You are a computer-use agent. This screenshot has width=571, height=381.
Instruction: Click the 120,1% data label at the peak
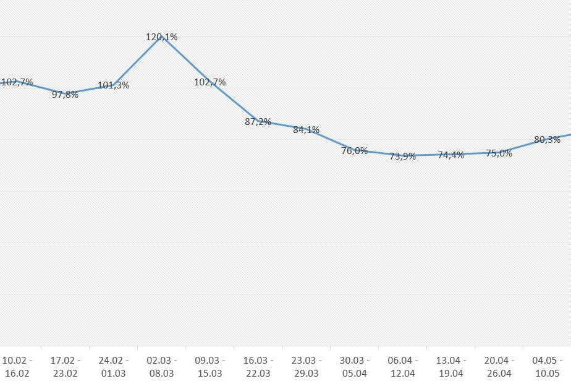point(162,37)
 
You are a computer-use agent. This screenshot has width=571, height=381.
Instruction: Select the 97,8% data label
point(65,95)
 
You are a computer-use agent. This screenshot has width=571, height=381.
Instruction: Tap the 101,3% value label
point(114,85)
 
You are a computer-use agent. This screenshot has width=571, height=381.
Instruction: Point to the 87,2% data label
point(258,122)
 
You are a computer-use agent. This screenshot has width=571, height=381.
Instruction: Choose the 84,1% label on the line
point(307,130)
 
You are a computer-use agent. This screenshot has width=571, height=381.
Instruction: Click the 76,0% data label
point(355,151)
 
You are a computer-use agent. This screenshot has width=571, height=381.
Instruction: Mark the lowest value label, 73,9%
point(403,156)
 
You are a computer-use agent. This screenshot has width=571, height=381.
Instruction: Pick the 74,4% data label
point(451,155)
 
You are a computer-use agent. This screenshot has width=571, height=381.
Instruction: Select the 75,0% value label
point(499,153)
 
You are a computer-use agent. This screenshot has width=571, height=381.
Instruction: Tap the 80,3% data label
point(547,140)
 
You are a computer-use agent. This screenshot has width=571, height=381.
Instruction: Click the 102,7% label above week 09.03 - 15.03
point(210,82)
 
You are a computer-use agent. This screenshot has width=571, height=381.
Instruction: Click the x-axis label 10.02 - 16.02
point(17,367)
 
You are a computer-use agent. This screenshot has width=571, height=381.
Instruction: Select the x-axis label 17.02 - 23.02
point(65,367)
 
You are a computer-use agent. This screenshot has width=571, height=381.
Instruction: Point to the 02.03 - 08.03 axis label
point(162,367)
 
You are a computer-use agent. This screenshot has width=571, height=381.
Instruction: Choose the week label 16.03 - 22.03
point(258,367)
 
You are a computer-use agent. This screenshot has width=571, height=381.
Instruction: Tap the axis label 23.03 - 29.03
point(307,367)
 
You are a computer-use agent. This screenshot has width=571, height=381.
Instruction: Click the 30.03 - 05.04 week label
point(355,367)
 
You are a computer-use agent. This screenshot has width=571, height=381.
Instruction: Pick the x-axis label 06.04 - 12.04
point(403,367)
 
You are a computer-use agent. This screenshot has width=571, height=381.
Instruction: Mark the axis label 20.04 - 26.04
point(499,367)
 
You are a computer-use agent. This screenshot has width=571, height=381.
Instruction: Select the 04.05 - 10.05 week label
point(547,367)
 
